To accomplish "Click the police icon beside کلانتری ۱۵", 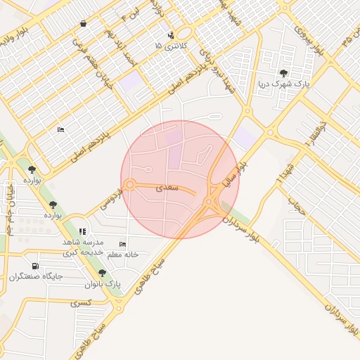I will [x=170, y=35].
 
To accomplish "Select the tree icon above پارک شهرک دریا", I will [x=283, y=73].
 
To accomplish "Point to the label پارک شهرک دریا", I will [x=283, y=84].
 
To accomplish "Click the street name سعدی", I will [x=169, y=188].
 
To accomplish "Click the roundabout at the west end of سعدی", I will [x=130, y=185].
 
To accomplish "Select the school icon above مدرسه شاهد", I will [x=82, y=231].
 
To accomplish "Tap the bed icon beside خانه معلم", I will [x=123, y=244].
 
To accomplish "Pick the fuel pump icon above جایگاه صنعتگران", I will [x=36, y=266].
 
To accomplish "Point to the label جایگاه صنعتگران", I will [x=36, y=276].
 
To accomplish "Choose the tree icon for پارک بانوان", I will [x=103, y=273].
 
